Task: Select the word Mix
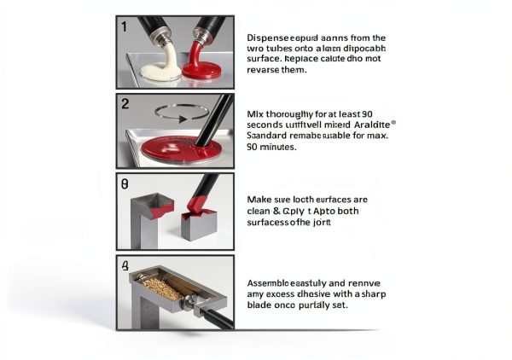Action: point(254,113)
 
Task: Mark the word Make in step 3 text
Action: point(259,199)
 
